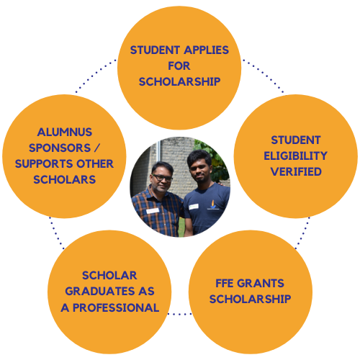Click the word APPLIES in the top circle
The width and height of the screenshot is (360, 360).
(207, 50)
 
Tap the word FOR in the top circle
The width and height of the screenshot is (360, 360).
(179, 66)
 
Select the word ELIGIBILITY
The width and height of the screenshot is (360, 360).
(296, 156)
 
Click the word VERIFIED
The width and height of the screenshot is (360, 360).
(296, 171)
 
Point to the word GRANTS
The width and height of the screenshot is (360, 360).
(261, 283)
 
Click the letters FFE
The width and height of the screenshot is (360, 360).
(225, 283)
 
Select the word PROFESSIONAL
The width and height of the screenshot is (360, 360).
(116, 307)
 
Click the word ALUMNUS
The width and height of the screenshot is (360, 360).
(65, 132)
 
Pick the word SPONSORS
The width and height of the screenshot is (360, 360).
(60, 148)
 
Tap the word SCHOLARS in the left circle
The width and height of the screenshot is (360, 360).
(65, 179)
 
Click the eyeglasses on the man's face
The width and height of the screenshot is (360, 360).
(162, 178)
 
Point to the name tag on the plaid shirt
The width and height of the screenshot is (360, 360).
(153, 211)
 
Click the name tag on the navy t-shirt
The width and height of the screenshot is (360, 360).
(194, 207)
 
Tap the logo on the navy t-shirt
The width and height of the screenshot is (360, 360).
(213, 204)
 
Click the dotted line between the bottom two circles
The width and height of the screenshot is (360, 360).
(180, 314)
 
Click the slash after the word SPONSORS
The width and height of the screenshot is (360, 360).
(96, 148)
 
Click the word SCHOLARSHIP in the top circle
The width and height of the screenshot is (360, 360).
(179, 81)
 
